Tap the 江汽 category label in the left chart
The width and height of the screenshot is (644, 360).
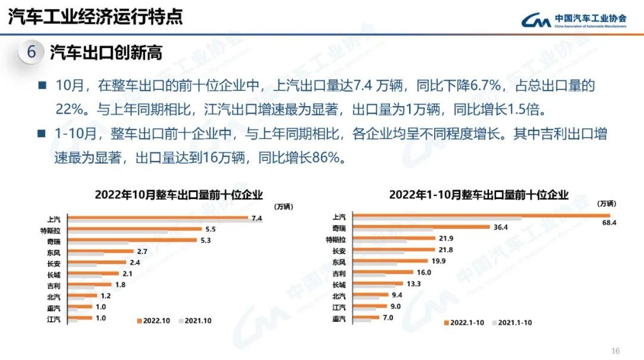[54, 318]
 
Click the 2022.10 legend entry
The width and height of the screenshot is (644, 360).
[153, 321]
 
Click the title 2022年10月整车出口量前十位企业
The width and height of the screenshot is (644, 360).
[179, 194]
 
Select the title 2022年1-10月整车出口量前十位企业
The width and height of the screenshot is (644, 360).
[479, 194]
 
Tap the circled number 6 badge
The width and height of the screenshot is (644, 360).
[31, 52]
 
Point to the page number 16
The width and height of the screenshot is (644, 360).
[616, 350]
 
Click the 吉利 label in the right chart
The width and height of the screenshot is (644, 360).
[339, 273]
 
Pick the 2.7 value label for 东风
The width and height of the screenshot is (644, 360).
[143, 252]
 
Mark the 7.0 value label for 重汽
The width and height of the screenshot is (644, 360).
[388, 318]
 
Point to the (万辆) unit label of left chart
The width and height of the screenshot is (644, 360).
[284, 207]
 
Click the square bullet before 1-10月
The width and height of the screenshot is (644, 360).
[42, 134]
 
